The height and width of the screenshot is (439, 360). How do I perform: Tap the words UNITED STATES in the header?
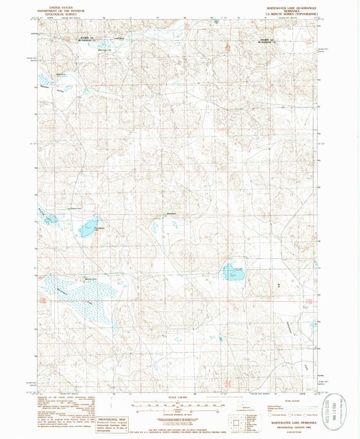(59, 5)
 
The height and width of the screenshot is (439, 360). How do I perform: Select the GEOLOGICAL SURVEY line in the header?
(59, 13)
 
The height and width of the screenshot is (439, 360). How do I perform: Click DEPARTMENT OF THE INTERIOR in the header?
(59, 9)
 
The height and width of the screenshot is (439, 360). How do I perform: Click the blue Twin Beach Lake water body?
(88, 228)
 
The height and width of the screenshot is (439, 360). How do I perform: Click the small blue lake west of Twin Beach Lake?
(49, 217)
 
